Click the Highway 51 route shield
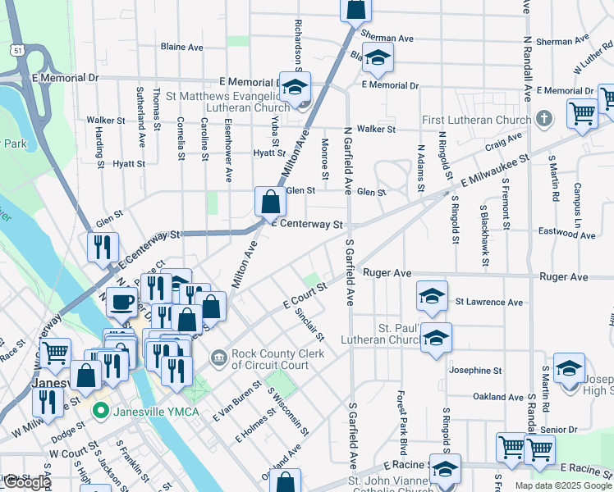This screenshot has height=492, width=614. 18,51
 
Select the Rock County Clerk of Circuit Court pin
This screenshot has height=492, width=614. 220,356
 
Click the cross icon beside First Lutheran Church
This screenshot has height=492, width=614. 543,120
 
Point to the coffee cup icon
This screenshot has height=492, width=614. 121,302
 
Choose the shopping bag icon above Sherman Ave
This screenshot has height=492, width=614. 356,8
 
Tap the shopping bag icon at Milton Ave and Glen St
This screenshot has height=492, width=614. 270,200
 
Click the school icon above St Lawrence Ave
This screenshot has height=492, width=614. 432,295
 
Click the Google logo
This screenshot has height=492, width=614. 27,483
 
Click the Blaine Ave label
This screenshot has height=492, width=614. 182,48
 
